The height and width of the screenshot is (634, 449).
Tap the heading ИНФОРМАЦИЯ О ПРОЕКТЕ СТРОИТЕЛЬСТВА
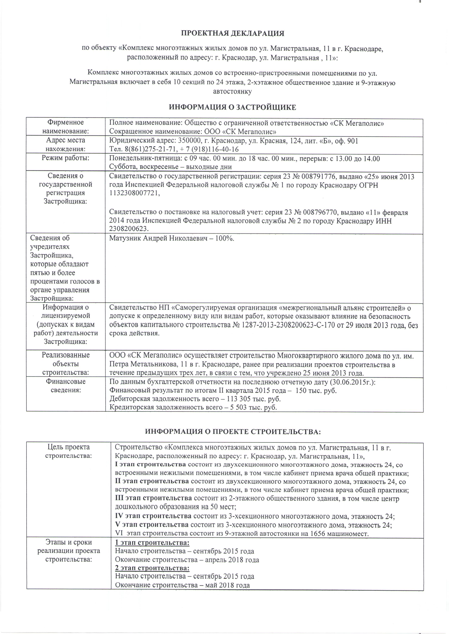pos(233,432)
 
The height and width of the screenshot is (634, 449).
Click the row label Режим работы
pos(65,158)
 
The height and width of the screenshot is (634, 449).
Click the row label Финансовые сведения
pos(65,386)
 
